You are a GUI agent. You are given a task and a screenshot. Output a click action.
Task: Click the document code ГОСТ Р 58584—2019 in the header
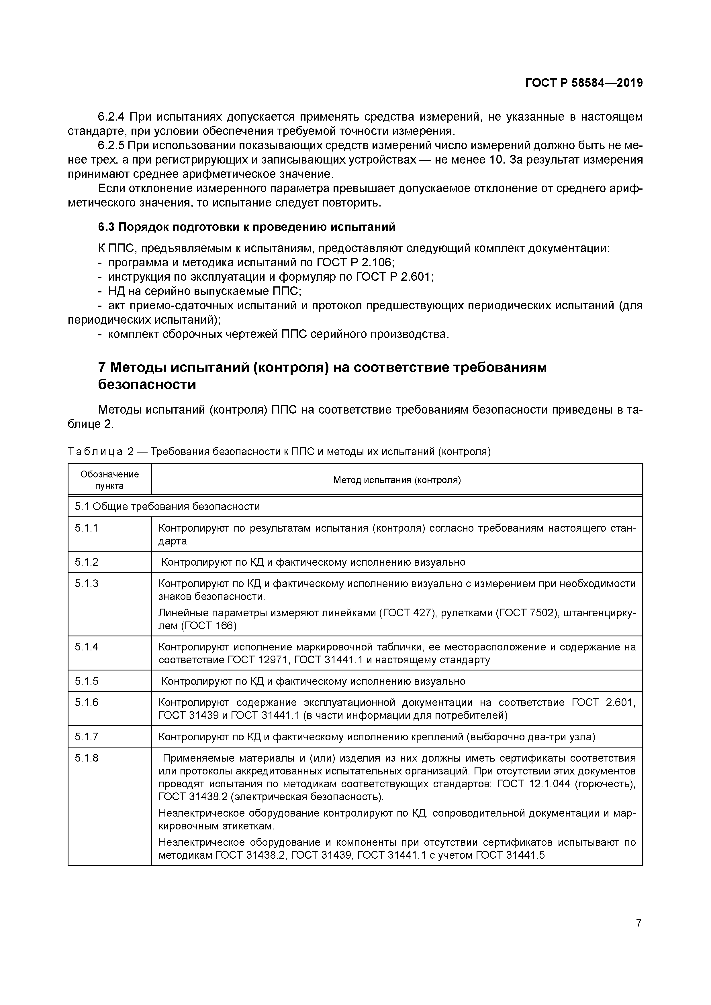[x=584, y=83]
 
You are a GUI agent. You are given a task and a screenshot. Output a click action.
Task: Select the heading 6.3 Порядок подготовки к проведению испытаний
[x=247, y=227]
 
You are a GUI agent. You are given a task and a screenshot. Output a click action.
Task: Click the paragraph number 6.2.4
[x=111, y=117]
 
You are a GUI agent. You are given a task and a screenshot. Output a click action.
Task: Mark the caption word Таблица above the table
[x=95, y=451]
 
